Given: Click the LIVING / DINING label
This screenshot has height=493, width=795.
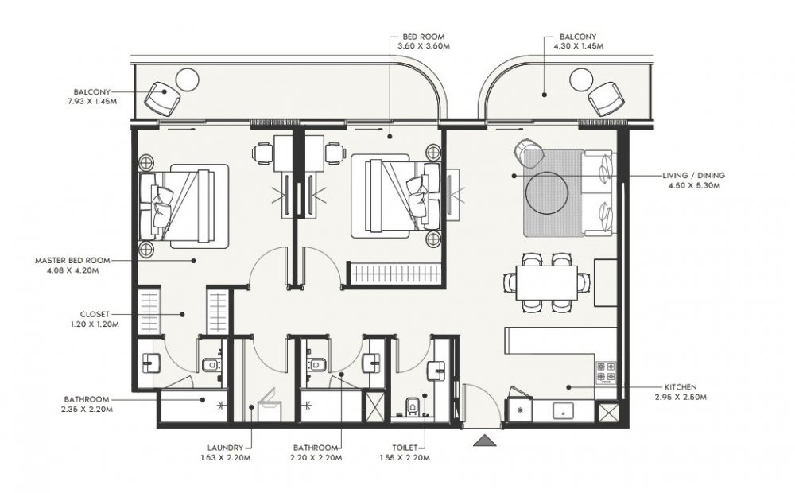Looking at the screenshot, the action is point(693,176).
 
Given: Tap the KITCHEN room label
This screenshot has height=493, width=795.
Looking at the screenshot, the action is point(681,387).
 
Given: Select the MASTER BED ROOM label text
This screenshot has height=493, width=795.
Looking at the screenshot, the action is point(72,260).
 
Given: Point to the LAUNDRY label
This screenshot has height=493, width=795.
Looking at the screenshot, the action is point(226,448).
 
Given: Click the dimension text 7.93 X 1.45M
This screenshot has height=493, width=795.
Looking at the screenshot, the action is point(91,101).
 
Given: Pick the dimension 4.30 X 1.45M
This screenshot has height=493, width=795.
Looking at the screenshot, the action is point(578,45).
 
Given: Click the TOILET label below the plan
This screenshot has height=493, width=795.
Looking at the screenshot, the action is point(405,448).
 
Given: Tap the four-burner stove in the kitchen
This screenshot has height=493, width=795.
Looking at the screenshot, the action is point(606,371).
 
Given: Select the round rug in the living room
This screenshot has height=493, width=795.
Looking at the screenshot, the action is point(547,192).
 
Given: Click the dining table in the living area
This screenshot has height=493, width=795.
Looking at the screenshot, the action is point(547,284).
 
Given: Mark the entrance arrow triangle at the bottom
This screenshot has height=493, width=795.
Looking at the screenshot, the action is point(485,441).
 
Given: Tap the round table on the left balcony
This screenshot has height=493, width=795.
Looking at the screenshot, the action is point(187,80).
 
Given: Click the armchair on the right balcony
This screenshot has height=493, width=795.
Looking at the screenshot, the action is point(606,99).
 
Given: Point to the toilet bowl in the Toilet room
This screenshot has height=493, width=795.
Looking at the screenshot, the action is point(412,406).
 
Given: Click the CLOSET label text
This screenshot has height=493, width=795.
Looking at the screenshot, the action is point(95,314).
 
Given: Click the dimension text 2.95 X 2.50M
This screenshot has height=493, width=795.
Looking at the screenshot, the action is point(681,397).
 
